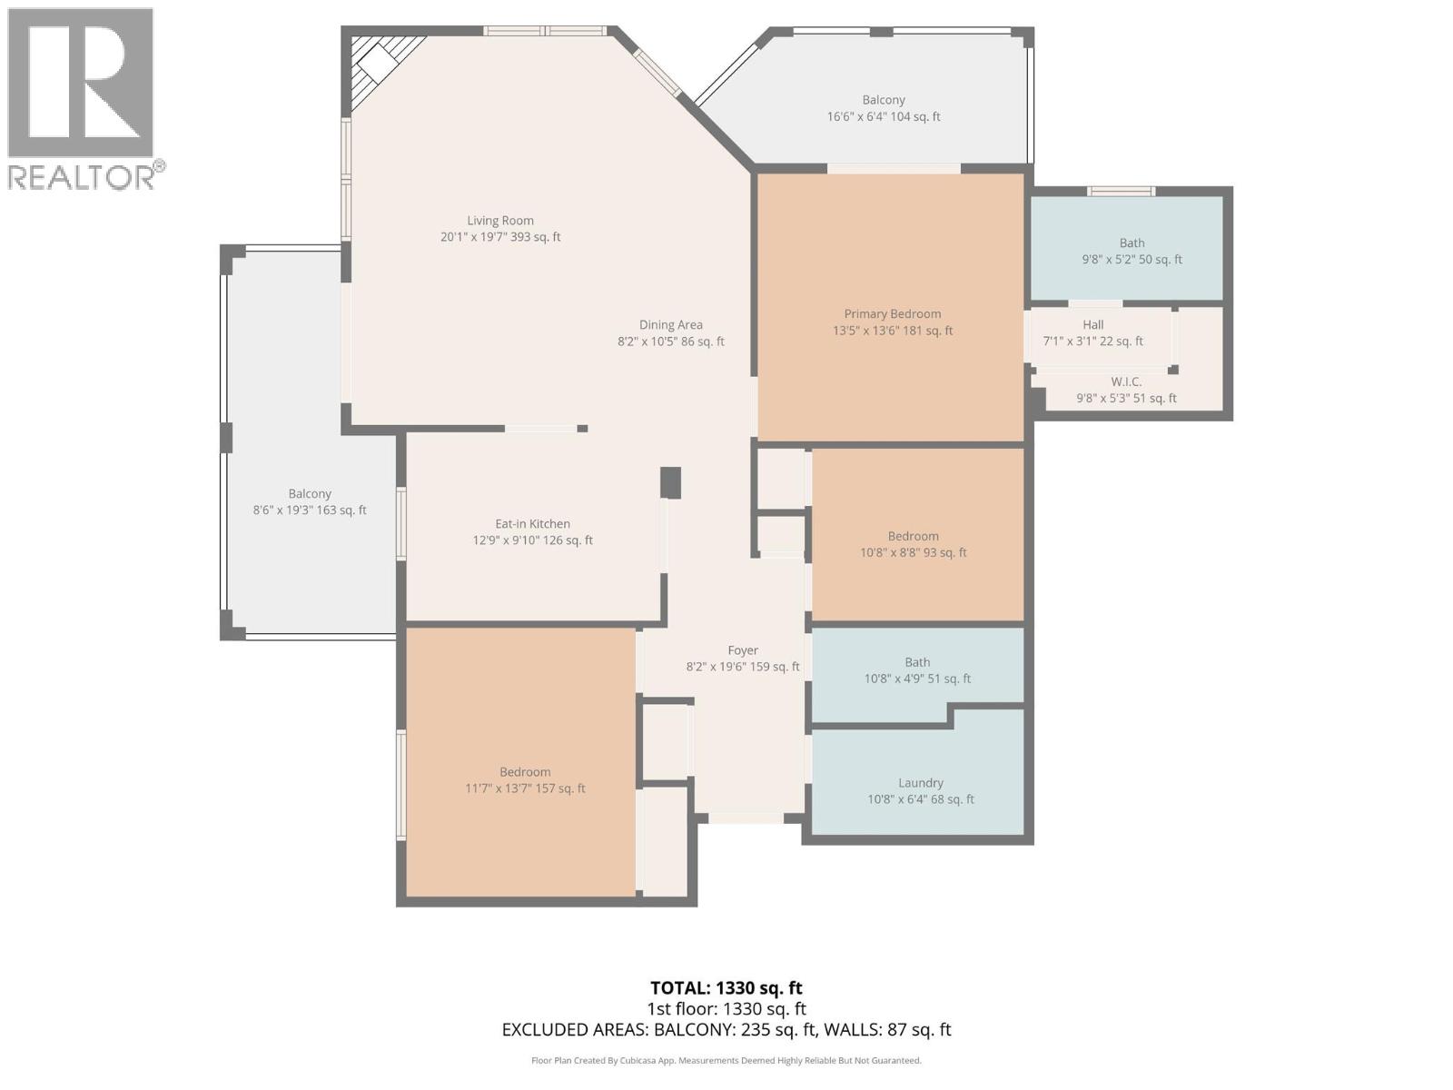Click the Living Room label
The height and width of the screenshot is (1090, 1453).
click(x=500, y=221)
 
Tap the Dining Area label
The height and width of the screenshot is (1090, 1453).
click(x=670, y=325)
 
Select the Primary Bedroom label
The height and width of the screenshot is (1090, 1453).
click(x=892, y=314)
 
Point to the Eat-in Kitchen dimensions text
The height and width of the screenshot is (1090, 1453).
click(x=531, y=540)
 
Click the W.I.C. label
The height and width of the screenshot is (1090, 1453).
click(x=1126, y=382)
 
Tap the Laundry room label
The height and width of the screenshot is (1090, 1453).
click(x=920, y=783)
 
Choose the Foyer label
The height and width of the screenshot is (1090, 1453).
click(x=742, y=650)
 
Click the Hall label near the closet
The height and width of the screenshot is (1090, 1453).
click(x=1092, y=325)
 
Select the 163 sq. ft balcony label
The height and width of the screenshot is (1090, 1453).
click(x=310, y=494)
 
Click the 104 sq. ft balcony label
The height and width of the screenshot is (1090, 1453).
click(x=883, y=101)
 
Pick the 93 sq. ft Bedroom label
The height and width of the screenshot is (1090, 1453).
click(x=913, y=537)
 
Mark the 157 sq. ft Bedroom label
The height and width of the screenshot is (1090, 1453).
click(x=525, y=772)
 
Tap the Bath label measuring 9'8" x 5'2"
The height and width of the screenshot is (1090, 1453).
click(x=1132, y=243)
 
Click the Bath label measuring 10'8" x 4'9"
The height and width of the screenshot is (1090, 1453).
click(x=916, y=663)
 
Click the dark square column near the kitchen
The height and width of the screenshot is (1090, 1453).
click(x=670, y=482)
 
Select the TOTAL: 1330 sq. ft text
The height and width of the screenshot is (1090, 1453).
click(x=726, y=987)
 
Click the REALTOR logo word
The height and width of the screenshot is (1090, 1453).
click(x=82, y=177)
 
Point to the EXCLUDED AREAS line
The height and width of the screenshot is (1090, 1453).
click(x=726, y=1030)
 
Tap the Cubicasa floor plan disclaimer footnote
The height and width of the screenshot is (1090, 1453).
click(x=726, y=1060)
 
